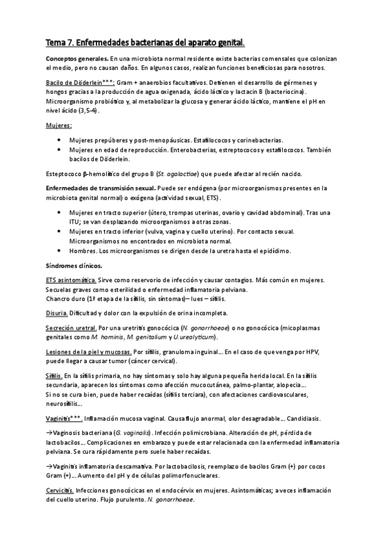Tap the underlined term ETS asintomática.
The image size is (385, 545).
(71, 280)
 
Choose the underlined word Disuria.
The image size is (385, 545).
(57, 313)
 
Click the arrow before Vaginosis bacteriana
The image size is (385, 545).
(49, 433)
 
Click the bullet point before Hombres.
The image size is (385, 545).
(60, 251)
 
